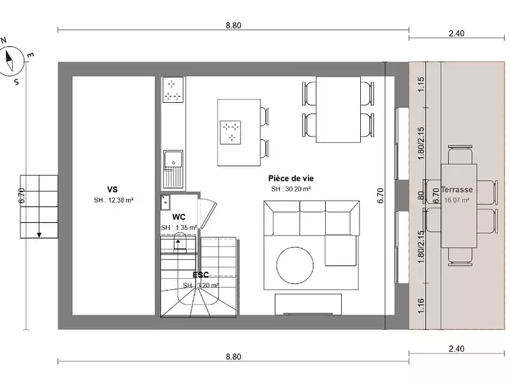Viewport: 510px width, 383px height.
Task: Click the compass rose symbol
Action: (11, 61)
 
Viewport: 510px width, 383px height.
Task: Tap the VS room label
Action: (112, 190)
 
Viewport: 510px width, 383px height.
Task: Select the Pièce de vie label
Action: (291, 179)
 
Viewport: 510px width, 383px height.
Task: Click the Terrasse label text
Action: (456, 190)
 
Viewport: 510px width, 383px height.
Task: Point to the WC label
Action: (178, 217)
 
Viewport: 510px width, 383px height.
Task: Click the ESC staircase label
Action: (200, 275)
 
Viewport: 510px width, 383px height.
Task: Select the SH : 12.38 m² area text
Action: (113, 200)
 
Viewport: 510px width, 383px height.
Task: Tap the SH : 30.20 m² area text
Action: (291, 189)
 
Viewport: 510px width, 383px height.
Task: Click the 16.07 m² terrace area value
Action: (456, 200)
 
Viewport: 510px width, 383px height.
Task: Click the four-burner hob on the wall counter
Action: (172, 89)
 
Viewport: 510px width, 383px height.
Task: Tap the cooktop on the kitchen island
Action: (231, 131)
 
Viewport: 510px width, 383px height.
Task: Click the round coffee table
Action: (295, 263)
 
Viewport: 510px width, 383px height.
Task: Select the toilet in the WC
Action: (179, 243)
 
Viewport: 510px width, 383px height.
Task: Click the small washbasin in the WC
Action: (165, 201)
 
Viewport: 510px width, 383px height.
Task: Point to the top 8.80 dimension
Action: (233, 26)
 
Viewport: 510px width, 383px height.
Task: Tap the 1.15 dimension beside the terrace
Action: (420, 84)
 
